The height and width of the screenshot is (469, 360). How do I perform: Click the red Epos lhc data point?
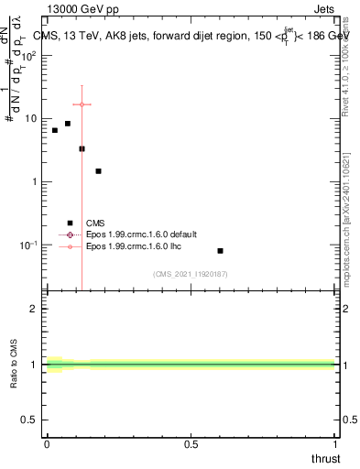82,104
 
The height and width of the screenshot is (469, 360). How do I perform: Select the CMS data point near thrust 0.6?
220,250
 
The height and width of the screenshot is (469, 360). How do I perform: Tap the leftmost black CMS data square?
55,130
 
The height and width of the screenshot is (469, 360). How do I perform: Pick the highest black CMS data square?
68,123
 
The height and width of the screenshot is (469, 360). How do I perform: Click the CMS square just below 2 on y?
98,170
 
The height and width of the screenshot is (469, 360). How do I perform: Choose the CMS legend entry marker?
70,223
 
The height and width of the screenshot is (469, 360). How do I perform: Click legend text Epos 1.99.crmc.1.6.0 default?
136,234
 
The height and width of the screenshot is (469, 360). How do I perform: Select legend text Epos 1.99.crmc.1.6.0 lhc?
129,246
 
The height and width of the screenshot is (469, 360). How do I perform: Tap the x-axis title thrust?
326,457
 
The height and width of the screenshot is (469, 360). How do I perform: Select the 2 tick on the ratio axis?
34,309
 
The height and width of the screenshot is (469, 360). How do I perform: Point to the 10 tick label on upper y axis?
30,119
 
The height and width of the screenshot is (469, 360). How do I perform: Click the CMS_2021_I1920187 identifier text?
190,274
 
